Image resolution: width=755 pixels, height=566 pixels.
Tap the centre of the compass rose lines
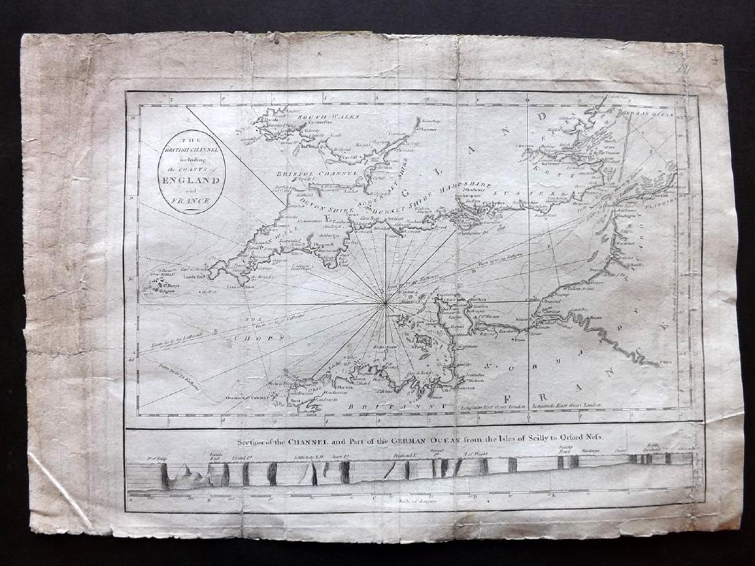pos(386,302)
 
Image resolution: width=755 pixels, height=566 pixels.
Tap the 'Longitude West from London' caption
pos(493,406)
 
